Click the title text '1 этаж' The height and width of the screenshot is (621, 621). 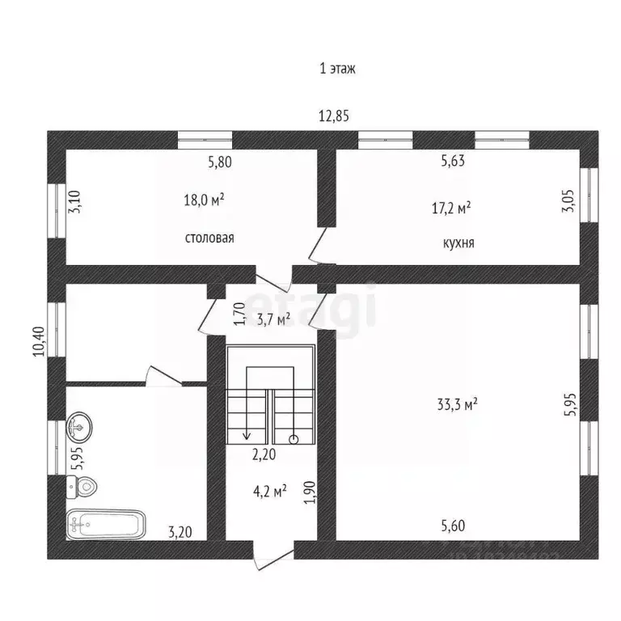(337, 69)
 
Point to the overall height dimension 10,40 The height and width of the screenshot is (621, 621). (37, 341)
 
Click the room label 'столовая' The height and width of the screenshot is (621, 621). (209, 238)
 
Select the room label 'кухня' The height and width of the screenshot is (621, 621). (458, 241)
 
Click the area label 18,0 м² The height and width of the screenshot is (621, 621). (204, 199)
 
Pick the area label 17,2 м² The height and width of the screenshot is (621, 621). (451, 208)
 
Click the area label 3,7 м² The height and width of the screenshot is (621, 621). (273, 320)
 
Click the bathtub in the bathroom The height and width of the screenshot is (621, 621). (106, 525)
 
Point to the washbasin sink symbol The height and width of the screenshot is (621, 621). (81, 425)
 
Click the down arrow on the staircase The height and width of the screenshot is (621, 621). (246, 434)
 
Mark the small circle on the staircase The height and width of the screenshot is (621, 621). (294, 439)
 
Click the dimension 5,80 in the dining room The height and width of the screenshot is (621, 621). (220, 162)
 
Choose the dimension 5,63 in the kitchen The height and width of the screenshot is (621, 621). (453, 162)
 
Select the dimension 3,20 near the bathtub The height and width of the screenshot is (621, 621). (180, 532)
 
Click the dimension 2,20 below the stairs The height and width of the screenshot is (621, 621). (264, 454)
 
